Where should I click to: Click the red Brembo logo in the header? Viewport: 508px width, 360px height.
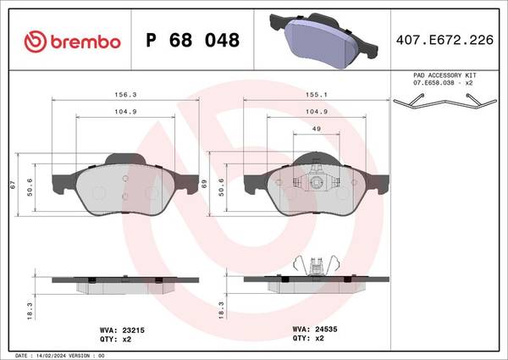tap(72, 42)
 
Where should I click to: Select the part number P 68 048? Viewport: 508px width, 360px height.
tap(192, 40)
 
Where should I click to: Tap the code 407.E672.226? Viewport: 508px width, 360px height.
tap(444, 40)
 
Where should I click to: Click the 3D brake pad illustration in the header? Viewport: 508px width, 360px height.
tap(323, 40)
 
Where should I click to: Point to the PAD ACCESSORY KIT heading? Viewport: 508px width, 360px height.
tap(444, 75)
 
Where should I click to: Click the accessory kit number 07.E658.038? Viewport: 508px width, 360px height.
tap(433, 83)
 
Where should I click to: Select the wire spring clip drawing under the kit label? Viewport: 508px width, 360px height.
tap(444, 101)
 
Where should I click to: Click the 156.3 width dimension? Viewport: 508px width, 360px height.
tap(125, 95)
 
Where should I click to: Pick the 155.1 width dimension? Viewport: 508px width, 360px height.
tap(317, 95)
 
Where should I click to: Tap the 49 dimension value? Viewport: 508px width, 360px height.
tap(317, 129)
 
